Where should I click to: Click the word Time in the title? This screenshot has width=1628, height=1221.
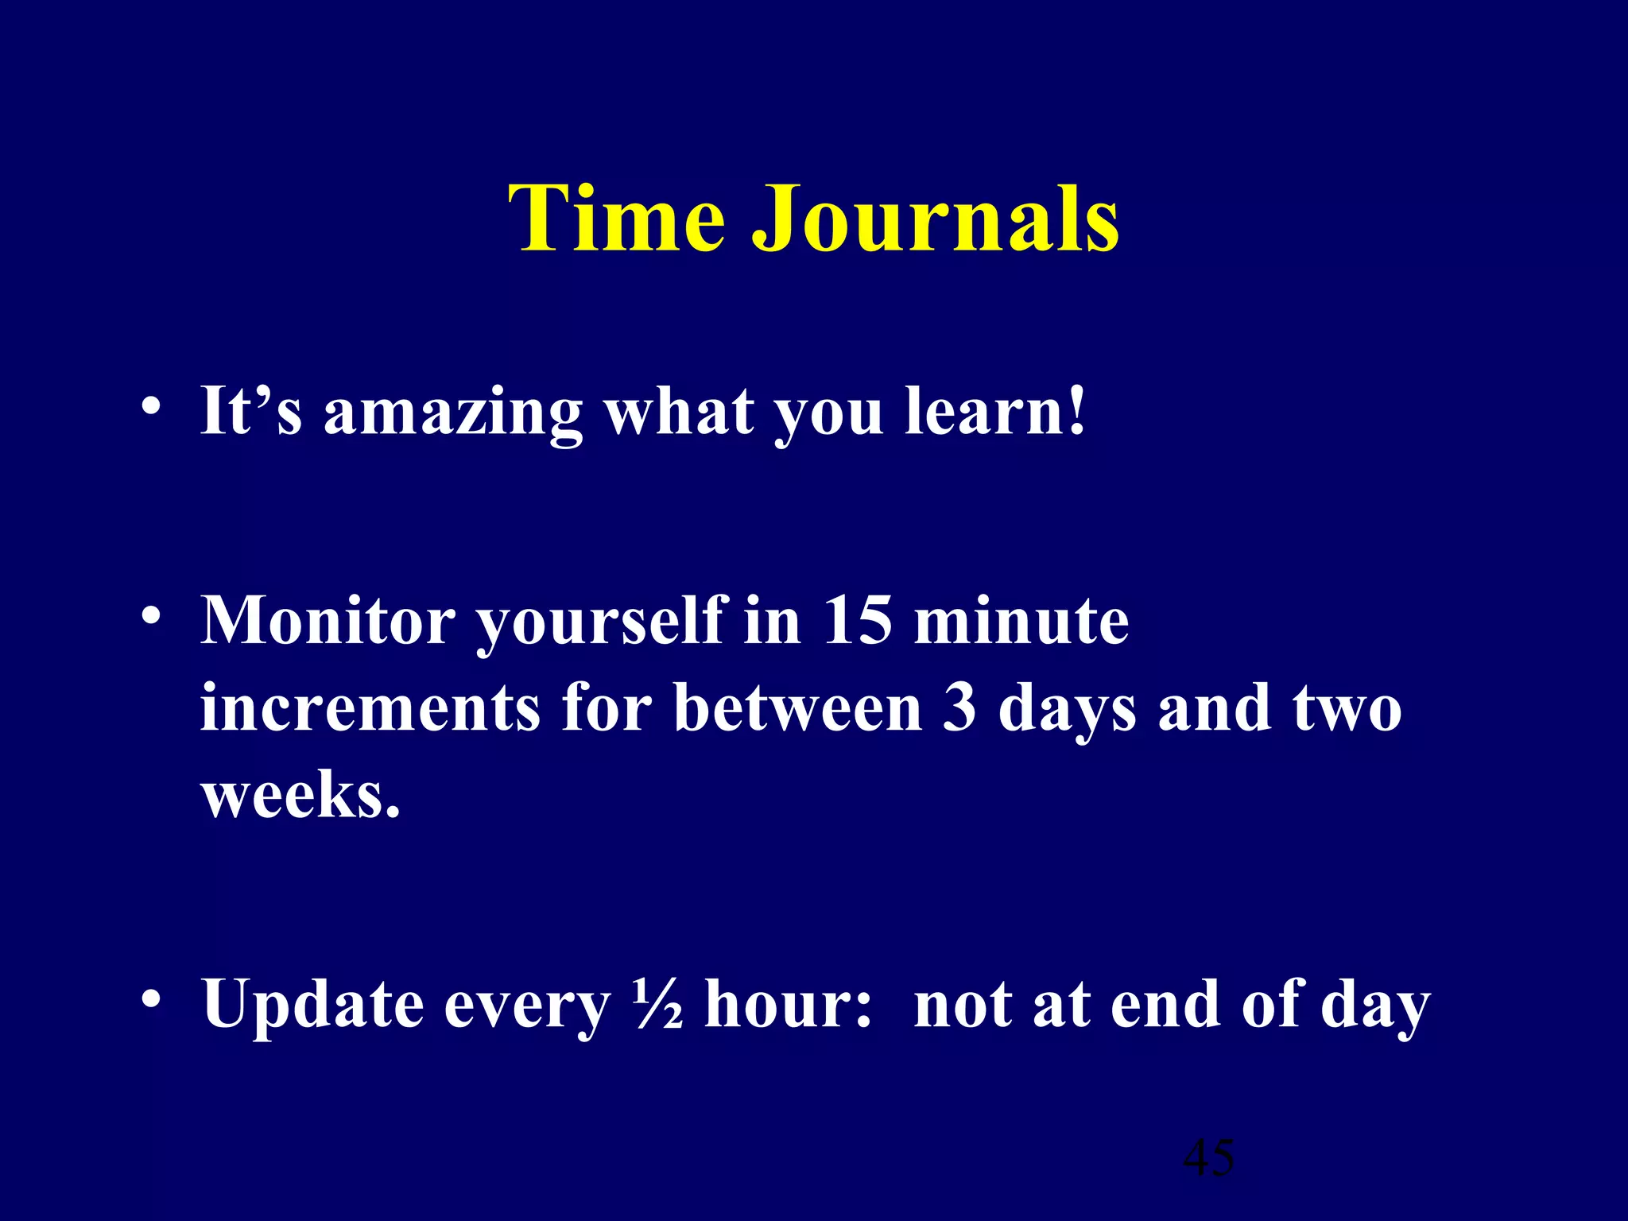click(x=616, y=218)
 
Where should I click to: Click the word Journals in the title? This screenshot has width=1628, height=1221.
click(x=936, y=218)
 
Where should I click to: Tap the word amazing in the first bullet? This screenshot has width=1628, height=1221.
click(x=452, y=413)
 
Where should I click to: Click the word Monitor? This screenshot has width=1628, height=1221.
click(x=327, y=621)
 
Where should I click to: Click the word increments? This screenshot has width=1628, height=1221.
click(x=370, y=708)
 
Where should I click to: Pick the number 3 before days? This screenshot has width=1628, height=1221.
click(x=959, y=708)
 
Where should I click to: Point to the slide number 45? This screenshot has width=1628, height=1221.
click(x=1208, y=1157)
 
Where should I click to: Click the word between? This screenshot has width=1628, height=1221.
click(x=797, y=708)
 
